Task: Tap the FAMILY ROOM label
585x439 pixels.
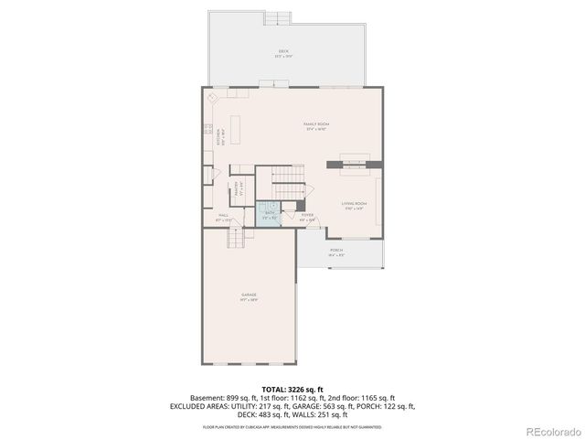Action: (x=316, y=124)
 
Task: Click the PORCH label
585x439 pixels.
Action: (x=336, y=251)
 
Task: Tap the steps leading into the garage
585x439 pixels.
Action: (x=239, y=238)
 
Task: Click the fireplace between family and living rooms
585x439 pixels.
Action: (x=348, y=163)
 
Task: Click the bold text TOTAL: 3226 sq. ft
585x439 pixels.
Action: (x=292, y=388)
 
